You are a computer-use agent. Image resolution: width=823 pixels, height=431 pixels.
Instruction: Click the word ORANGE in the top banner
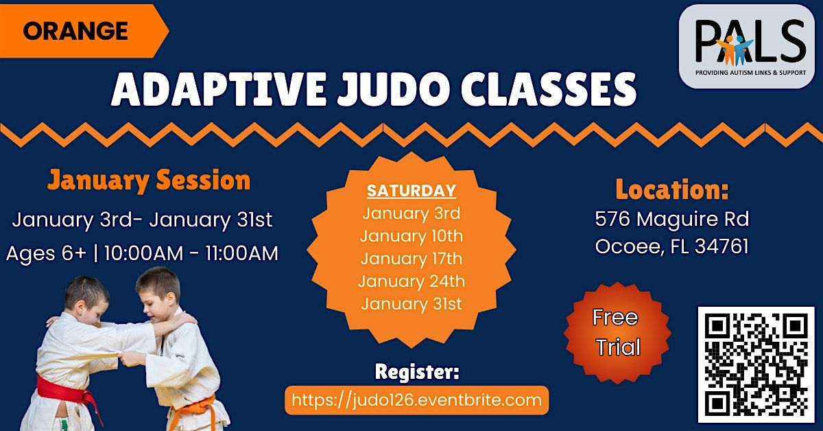75,31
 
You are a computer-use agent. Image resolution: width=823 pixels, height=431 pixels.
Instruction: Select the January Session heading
149,180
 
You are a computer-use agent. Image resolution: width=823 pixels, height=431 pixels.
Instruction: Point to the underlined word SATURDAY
411,191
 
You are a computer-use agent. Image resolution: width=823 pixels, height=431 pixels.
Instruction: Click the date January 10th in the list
411,235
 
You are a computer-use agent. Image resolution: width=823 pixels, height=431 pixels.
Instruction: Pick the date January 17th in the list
411,259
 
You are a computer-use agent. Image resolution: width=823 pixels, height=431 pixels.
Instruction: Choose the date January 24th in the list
411,281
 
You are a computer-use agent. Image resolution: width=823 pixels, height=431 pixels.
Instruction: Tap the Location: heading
672,189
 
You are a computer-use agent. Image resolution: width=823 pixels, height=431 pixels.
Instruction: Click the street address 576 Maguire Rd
672,219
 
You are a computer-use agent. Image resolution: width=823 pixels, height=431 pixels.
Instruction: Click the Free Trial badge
618,333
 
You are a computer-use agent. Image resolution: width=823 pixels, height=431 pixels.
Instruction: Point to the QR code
756,365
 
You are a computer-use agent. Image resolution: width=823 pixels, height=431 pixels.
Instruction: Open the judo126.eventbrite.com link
417,400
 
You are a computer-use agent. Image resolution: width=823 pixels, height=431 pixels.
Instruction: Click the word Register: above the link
417,372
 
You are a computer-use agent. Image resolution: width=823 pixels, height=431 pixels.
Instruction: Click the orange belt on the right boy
194,408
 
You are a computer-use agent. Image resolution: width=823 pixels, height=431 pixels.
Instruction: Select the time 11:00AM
241,253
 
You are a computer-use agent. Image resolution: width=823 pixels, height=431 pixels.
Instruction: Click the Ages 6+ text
47,253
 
